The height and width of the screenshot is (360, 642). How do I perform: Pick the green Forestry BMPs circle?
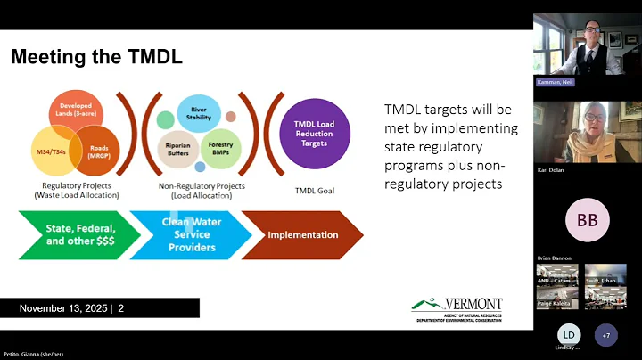(x=220, y=148)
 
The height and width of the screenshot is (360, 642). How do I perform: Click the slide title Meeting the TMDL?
(x=96, y=58)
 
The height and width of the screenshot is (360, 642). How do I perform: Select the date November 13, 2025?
(x=63, y=308)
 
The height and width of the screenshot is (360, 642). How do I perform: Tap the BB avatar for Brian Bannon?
(x=588, y=219)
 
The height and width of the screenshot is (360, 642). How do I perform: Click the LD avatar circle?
(x=568, y=335)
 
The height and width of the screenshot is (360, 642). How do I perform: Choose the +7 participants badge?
(x=606, y=335)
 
